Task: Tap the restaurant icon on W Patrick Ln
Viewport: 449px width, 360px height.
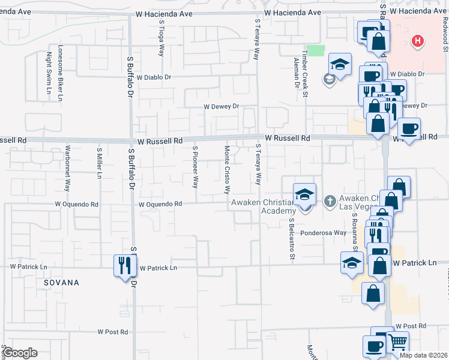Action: coord(125,265)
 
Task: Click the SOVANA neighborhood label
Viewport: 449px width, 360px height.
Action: coord(61,282)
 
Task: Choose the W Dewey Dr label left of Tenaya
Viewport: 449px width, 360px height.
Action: coord(221,107)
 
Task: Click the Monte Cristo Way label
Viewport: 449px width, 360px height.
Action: coord(227,169)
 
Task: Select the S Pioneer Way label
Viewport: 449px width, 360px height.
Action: coord(195,166)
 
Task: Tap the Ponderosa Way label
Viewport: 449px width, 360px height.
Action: coord(324,233)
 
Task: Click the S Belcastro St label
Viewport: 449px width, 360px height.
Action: coord(292,239)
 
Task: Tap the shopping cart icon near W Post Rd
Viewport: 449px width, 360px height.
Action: coord(397,343)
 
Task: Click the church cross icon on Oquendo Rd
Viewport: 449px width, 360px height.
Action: coord(330,201)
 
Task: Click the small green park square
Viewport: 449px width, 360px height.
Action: coord(315,51)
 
